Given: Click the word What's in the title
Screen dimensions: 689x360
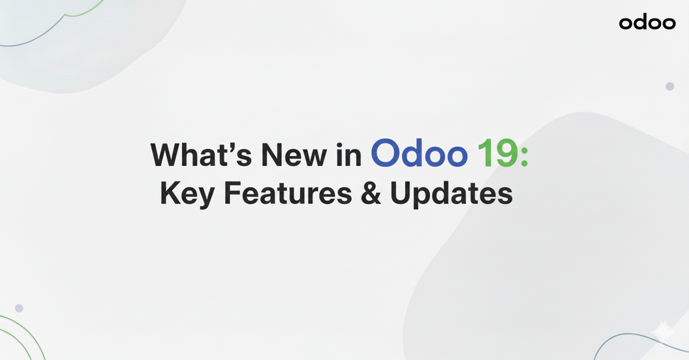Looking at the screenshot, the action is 201,154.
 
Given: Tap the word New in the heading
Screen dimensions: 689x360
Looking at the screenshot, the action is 294,155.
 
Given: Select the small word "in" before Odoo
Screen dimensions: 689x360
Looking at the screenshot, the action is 349,154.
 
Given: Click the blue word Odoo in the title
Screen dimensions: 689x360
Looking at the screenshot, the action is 419,153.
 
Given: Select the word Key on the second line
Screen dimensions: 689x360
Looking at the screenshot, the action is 187,194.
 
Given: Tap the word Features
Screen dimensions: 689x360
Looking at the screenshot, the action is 288,193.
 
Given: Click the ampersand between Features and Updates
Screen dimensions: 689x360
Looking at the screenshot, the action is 371,193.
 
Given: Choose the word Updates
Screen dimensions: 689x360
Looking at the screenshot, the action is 452,194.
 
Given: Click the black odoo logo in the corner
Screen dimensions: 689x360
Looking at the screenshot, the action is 647,22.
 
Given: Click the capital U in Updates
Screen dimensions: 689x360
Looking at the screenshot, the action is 399,193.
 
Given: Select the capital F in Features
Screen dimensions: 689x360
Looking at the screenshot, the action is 232,193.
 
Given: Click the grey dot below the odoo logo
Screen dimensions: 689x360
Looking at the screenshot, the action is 669,87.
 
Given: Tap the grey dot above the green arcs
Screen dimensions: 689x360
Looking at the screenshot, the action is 19,308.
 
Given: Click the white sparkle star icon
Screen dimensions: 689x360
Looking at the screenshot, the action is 663,331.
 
